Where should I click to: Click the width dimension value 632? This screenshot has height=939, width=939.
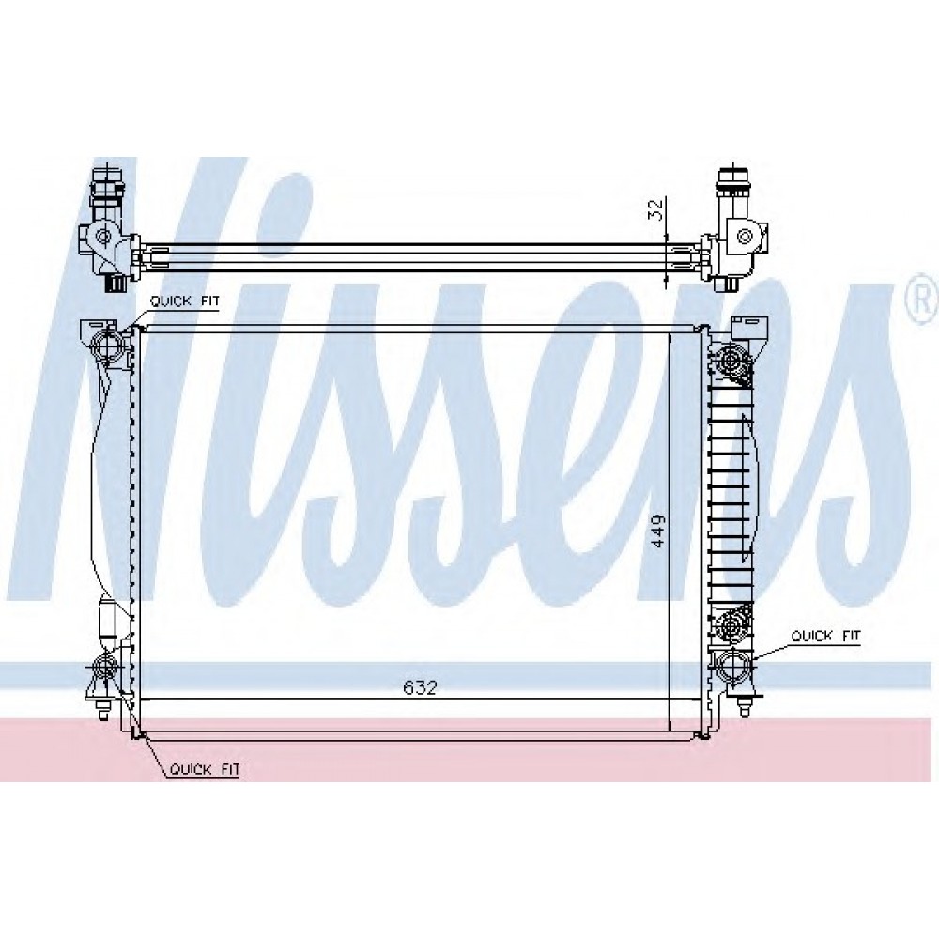click(420, 687)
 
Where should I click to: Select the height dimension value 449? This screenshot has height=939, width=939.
click(658, 531)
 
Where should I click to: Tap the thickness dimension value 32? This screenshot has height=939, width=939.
click(656, 209)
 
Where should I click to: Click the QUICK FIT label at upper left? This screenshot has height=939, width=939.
click(184, 300)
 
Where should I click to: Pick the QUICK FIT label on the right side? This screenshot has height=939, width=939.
click(825, 636)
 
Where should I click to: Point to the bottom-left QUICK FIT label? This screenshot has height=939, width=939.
click(204, 769)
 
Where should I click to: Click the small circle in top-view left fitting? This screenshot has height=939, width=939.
click(103, 236)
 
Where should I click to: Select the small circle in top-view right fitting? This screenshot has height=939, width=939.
click(745, 236)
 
